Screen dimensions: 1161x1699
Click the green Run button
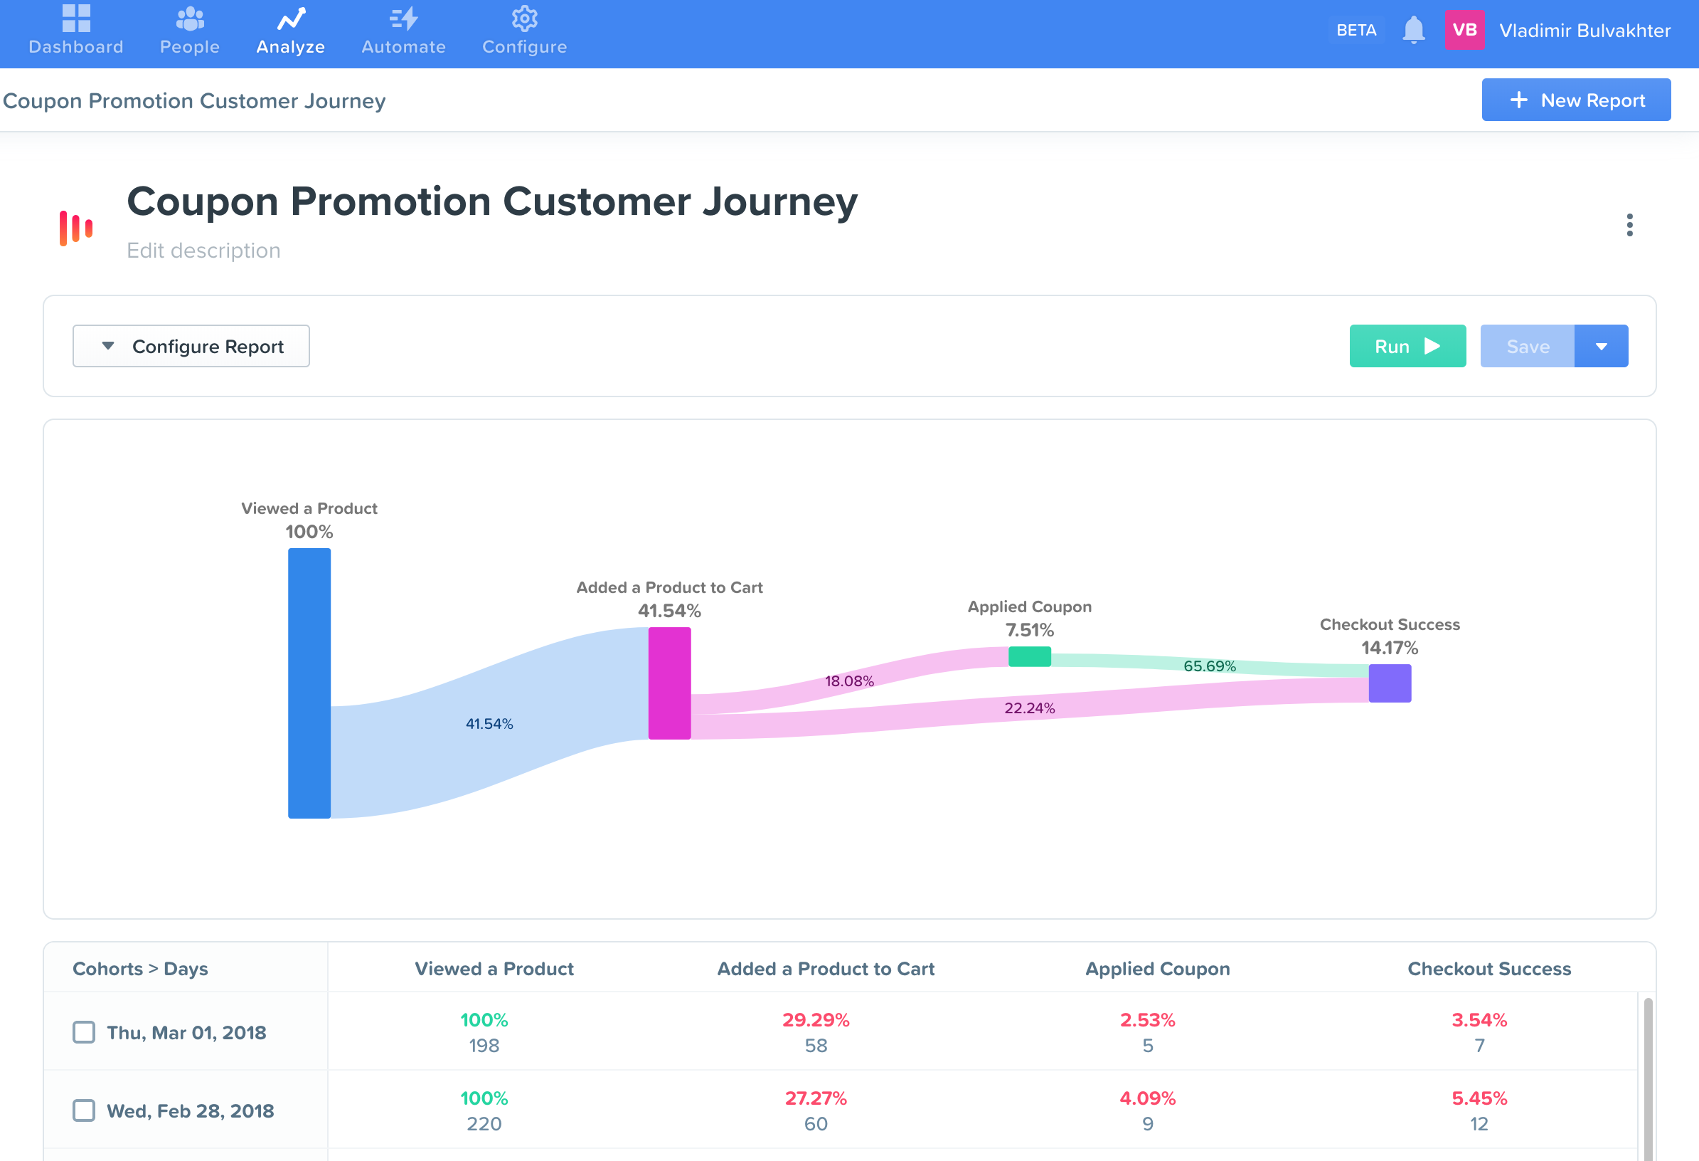[1407, 346]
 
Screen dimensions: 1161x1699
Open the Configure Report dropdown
[191, 346]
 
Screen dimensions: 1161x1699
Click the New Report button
[1575, 100]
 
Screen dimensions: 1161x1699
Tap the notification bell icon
[1413, 30]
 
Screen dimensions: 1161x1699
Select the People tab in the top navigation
[189, 31]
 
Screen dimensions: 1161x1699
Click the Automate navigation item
[403, 31]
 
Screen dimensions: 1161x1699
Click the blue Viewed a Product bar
[309, 683]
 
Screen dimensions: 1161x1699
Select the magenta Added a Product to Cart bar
[669, 683]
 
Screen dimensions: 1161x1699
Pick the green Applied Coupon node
[1029, 656]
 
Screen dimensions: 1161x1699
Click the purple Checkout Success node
[1389, 683]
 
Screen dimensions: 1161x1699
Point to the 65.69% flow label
[1209, 666]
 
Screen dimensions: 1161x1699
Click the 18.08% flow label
[848, 681]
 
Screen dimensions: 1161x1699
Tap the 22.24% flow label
[1028, 708]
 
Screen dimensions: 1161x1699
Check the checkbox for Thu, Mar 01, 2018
[84, 1032]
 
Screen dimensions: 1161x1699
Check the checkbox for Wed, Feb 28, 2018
[84, 1110]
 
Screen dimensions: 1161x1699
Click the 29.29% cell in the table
[815, 1020]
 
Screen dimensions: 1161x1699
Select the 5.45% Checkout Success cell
[1479, 1098]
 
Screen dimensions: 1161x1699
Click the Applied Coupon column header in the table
[1156, 969]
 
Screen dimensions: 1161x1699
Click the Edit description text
[203, 250]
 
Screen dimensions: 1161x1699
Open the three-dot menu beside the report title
[1629, 225]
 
